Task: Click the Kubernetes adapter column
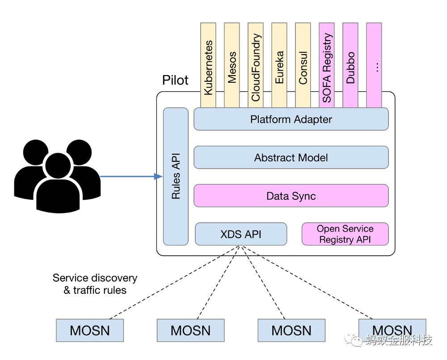pyautogui.click(x=208, y=65)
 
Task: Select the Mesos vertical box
pyautogui.click(x=232, y=65)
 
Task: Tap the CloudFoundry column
pyautogui.click(x=256, y=65)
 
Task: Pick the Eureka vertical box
pyautogui.click(x=279, y=65)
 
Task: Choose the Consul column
pyautogui.click(x=303, y=65)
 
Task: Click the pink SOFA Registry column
pyautogui.click(x=327, y=65)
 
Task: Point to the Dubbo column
pyautogui.click(x=350, y=65)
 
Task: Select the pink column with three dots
pyautogui.click(x=374, y=65)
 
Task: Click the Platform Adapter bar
pyautogui.click(x=291, y=119)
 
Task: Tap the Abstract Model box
pyautogui.click(x=291, y=157)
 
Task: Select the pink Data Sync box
pyautogui.click(x=291, y=196)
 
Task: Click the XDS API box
pyautogui.click(x=241, y=234)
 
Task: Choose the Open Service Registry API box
pyautogui.click(x=345, y=234)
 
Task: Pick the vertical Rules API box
pyautogui.click(x=176, y=176)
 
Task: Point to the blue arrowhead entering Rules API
pyautogui.click(x=158, y=176)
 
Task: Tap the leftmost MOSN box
pyautogui.click(x=90, y=330)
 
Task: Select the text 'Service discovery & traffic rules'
pyautogui.click(x=95, y=284)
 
